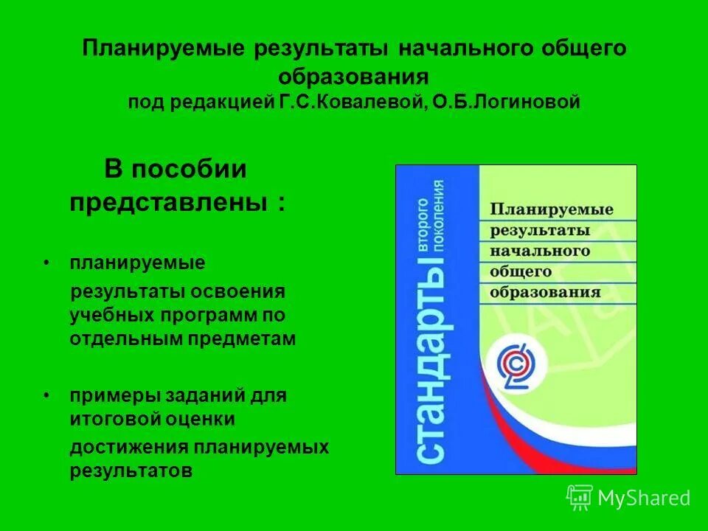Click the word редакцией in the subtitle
tap(225, 103)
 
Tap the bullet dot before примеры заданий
tap(46, 396)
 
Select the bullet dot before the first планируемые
tap(46, 263)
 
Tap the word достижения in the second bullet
tap(130, 448)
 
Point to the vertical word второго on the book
tap(424, 226)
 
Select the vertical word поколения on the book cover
tap(441, 226)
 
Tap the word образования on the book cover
tap(545, 292)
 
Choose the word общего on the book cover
tap(521, 271)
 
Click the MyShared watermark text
tap(644, 499)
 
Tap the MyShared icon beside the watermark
tap(580, 498)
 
